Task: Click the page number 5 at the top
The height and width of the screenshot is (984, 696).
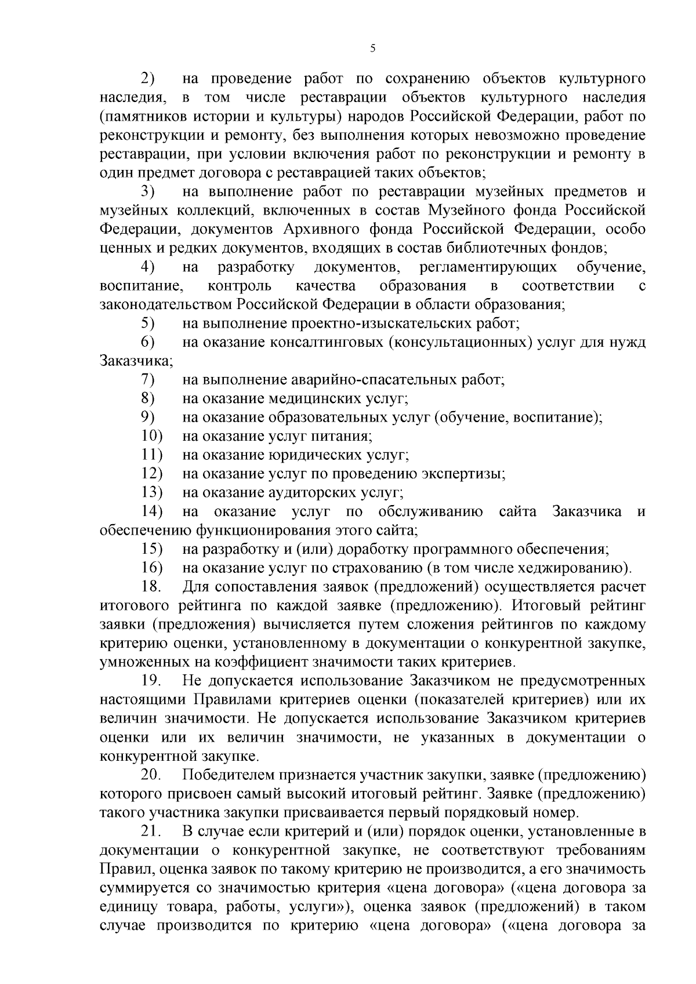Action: tap(372, 49)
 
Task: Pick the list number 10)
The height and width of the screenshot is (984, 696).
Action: tap(151, 436)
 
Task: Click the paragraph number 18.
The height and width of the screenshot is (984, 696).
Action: tap(151, 586)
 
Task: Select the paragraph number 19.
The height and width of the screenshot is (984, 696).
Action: tap(151, 680)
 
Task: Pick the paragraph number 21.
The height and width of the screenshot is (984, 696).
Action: tap(151, 831)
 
